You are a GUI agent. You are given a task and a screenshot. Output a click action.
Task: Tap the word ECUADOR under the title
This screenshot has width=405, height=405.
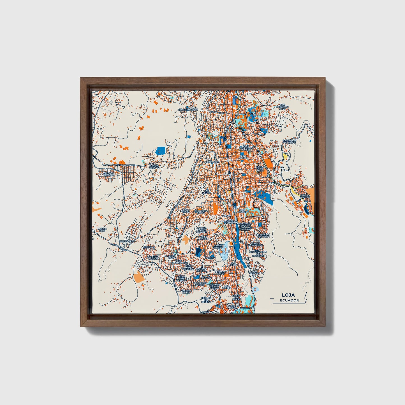point(289,300)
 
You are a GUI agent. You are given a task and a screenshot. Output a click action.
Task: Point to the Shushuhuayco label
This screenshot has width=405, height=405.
point(188,109)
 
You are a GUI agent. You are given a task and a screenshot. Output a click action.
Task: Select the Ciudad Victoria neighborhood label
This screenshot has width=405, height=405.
point(109,174)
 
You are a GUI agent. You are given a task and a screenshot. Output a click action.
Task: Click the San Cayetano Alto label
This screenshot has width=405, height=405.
point(282,107)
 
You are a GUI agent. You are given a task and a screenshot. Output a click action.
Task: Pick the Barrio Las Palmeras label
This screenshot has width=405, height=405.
point(289,141)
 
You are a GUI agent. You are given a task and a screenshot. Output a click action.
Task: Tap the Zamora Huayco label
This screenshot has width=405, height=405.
point(305,196)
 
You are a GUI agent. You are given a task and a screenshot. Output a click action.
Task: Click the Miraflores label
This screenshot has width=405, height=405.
point(212,162)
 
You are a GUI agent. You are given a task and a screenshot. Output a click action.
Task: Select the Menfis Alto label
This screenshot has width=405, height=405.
point(102,230)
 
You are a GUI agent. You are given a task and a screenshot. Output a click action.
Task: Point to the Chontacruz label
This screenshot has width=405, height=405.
point(127,241)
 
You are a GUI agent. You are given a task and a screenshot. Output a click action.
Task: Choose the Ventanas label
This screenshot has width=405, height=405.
point(149,247)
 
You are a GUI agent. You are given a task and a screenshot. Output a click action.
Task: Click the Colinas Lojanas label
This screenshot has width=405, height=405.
point(153,258)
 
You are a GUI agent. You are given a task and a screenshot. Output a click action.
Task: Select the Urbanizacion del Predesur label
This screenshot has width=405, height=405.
point(258,253)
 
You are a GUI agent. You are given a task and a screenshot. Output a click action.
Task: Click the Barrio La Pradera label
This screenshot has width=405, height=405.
point(264,235)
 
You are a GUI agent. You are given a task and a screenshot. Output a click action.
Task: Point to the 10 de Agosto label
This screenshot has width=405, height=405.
point(243,157)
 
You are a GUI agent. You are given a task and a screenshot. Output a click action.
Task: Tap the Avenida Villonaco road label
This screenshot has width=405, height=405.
point(125,165)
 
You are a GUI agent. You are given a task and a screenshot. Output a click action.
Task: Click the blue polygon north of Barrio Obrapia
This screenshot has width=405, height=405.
point(160,151)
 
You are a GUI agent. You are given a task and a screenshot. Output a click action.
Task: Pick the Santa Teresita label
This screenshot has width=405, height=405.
point(217,247)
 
